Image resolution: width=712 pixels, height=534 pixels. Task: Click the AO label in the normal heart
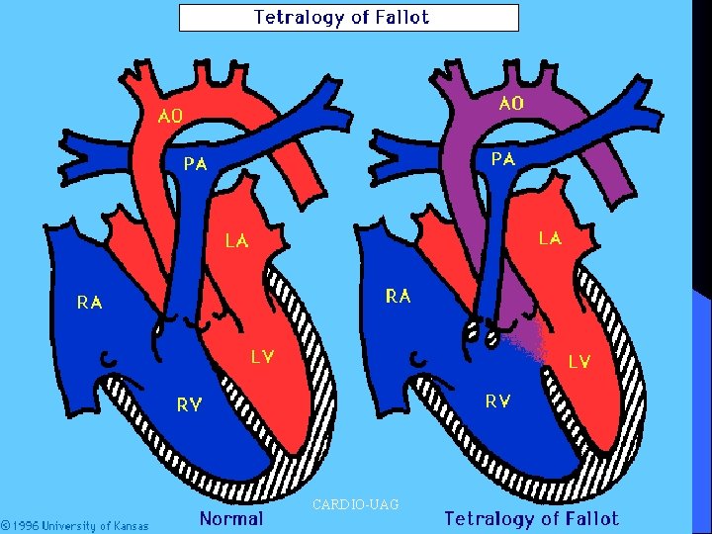[x=170, y=117]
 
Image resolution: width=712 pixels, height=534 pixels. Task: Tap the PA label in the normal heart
[x=196, y=163]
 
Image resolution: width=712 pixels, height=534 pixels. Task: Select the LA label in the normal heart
[x=237, y=240]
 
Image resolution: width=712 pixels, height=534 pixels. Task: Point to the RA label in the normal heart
[x=89, y=303]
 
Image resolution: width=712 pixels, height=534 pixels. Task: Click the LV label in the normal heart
[x=262, y=357]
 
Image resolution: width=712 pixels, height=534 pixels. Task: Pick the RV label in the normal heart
[x=189, y=404]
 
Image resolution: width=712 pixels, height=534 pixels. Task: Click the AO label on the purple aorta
[x=512, y=104]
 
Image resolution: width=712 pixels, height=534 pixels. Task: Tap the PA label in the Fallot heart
[x=503, y=159]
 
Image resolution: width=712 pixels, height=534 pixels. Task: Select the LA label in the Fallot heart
[x=551, y=238]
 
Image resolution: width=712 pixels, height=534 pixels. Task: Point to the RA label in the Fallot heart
[x=399, y=296]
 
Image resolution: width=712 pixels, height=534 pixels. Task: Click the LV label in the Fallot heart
[x=579, y=362]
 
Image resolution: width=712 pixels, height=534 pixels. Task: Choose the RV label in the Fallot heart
[x=498, y=401]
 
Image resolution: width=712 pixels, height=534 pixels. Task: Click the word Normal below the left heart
[x=231, y=518]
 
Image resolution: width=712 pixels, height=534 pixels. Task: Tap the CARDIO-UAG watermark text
[x=356, y=504]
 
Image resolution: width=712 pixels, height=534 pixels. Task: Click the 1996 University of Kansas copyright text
[x=74, y=526]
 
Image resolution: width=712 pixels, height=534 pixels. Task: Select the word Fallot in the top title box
[x=402, y=17]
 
